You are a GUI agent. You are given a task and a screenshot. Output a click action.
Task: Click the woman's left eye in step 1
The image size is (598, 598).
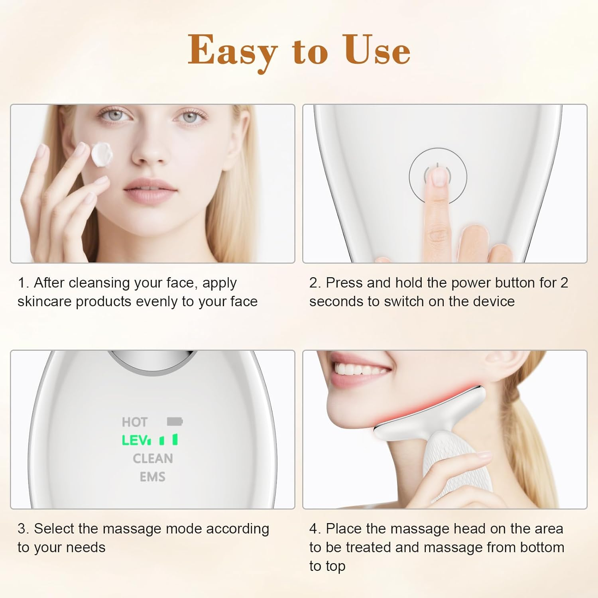coord(190,117)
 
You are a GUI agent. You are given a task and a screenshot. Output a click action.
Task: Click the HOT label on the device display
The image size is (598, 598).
coord(135,422)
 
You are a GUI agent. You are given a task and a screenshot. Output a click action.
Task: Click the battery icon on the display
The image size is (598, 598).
coord(175,421)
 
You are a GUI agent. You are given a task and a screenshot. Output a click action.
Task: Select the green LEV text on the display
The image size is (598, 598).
coord(136,440)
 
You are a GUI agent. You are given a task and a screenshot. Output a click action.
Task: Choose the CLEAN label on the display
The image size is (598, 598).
coord(153,458)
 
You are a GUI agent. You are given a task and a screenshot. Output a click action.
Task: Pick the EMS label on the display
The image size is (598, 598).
coord(152,477)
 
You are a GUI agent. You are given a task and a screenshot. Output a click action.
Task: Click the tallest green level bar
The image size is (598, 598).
coord(175,439)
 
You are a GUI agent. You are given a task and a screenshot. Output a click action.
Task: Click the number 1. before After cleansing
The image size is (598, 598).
coord(23,283)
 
